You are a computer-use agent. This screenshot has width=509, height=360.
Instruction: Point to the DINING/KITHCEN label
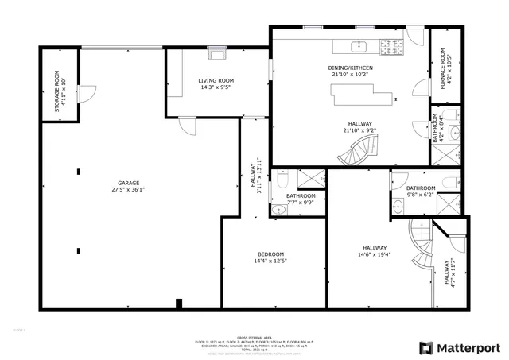pos(350,68)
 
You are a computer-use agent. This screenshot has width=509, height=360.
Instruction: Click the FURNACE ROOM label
pos(446,68)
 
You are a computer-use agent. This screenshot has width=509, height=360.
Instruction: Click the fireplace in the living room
pos(216,54)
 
